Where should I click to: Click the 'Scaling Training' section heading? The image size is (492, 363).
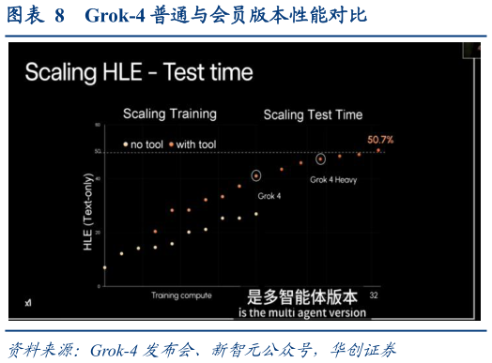(170, 113)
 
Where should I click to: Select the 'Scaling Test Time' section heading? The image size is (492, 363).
(313, 114)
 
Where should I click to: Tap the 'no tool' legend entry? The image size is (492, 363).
(147, 144)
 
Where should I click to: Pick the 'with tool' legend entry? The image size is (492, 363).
(194, 144)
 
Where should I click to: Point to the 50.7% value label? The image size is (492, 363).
(379, 140)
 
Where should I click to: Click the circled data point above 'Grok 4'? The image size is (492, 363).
(256, 175)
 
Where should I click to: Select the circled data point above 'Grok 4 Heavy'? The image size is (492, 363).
(320, 159)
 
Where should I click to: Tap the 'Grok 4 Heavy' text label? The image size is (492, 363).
(333, 178)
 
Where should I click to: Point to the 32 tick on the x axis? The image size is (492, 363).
(374, 295)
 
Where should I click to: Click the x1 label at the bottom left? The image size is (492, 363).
(28, 302)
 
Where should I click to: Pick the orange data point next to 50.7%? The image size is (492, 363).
(378, 150)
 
